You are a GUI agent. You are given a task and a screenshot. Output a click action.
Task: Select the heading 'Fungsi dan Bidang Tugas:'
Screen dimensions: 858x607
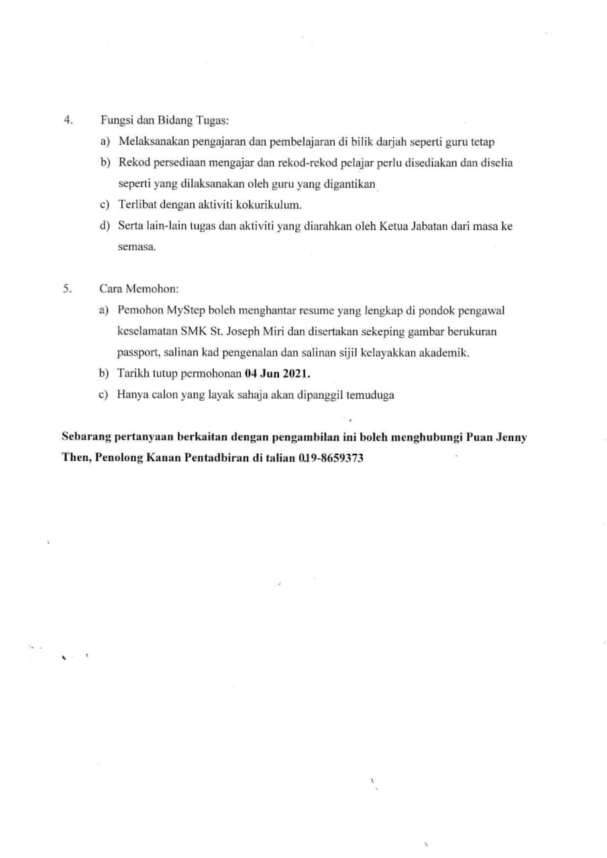tap(164, 121)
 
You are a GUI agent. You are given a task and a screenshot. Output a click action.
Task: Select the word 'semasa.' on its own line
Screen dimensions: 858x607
tap(137, 247)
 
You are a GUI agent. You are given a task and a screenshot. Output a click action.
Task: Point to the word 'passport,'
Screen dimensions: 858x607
tap(138, 353)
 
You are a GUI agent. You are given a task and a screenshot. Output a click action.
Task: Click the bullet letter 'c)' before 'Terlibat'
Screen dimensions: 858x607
tap(105, 204)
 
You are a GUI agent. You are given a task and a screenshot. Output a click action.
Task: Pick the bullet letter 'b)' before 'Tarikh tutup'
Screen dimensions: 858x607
tap(105, 373)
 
